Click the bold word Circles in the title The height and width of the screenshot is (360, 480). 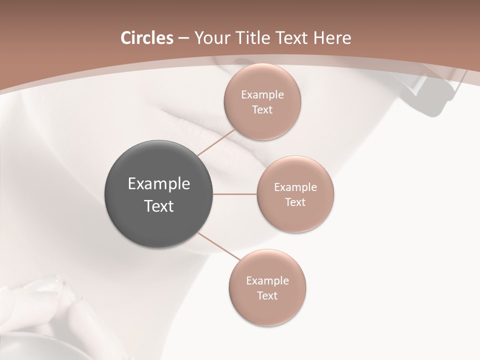[146, 38]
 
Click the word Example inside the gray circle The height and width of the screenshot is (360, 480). [159, 184]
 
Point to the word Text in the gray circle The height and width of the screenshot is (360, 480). [159, 206]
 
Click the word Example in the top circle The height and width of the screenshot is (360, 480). [262, 95]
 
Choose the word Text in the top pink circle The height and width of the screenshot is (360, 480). [262, 110]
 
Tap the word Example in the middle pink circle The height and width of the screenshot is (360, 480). [295, 187]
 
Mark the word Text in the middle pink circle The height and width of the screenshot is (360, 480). [295, 202]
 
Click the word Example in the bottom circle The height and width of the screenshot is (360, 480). [267, 281]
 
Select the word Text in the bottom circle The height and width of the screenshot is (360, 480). [267, 296]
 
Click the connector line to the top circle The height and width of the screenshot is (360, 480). [216, 142]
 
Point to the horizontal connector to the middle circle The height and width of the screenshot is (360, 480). [235, 194]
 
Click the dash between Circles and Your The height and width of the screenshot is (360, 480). [183, 38]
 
